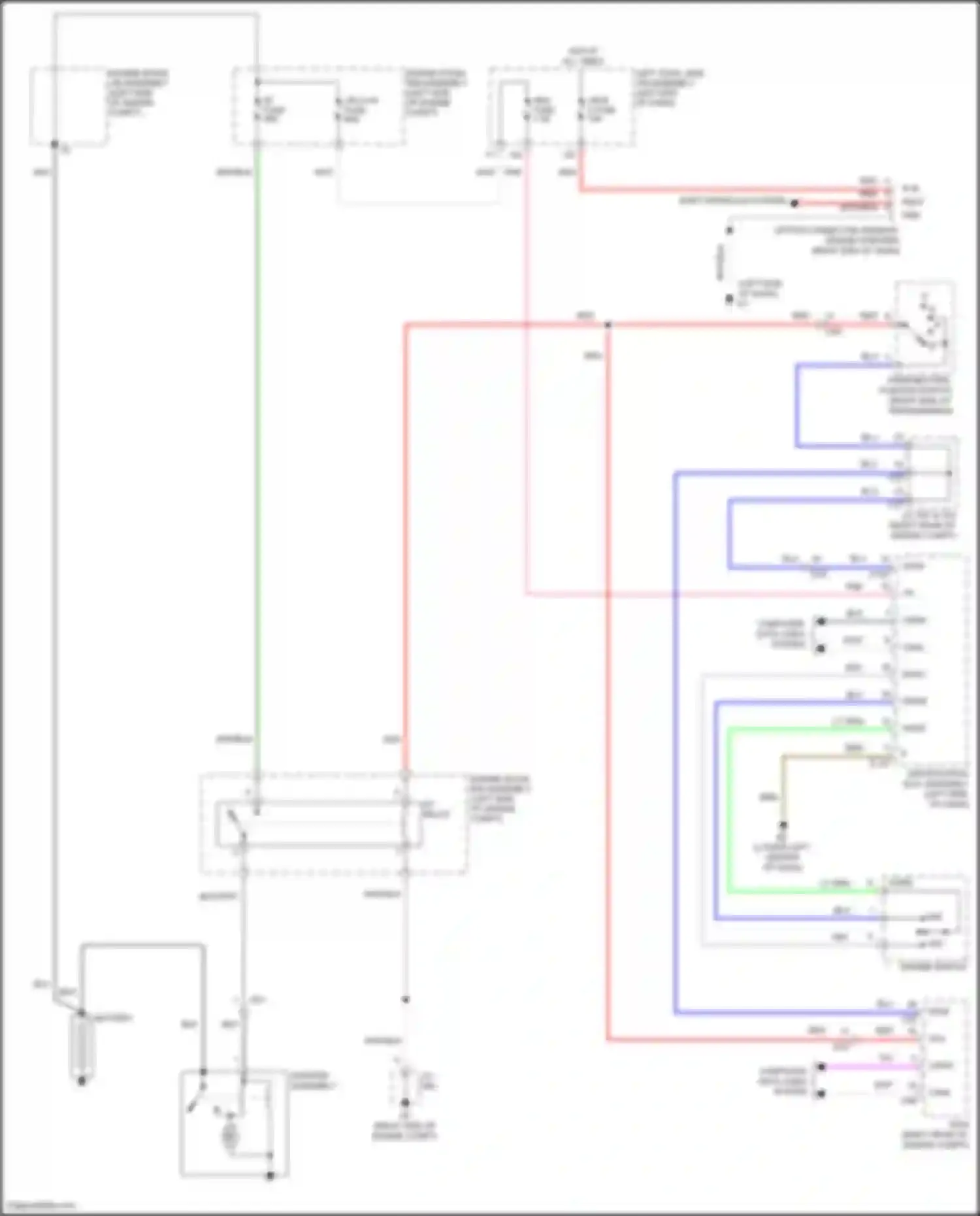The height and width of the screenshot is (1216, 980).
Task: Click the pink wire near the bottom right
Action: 869,1067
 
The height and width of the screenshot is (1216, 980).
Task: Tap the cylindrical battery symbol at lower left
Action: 82,1046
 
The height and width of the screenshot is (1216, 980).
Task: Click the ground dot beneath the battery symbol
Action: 82,1081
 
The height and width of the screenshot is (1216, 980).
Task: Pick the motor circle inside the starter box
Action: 229,1136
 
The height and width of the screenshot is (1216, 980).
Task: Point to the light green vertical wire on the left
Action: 257,457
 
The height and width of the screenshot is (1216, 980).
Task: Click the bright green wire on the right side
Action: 728,810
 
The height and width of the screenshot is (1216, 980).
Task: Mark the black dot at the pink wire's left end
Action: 821,1067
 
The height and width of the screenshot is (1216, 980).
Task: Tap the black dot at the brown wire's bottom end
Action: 783,825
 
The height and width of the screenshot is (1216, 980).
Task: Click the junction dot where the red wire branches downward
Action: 608,325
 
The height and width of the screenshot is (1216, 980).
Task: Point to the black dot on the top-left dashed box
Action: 55,144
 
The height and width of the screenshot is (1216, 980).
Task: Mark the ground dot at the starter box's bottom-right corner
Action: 270,1176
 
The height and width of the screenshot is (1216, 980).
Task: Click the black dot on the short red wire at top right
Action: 794,203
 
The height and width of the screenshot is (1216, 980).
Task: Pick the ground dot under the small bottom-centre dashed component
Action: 405,1103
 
